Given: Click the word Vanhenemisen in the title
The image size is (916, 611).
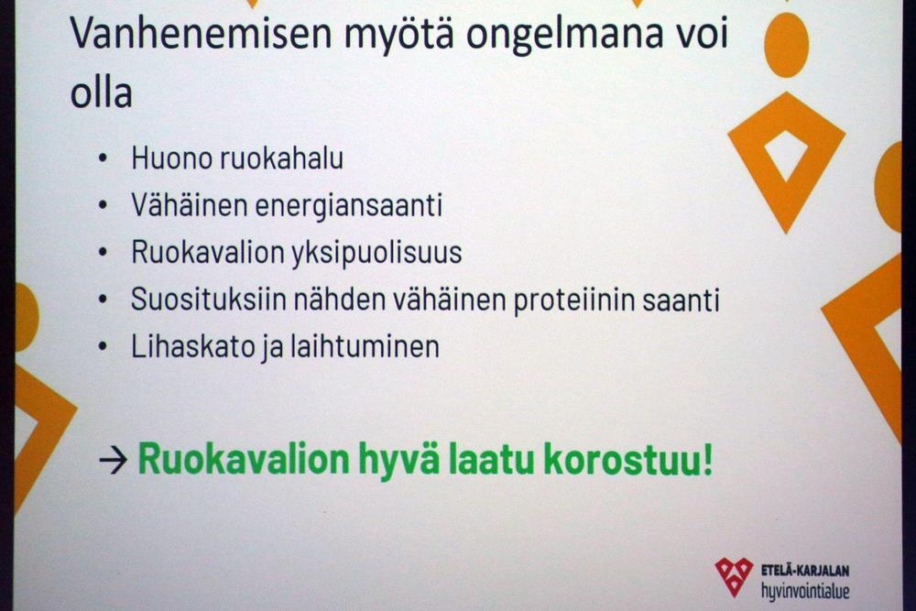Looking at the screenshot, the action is pos(201,33).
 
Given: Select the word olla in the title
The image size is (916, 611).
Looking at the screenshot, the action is pos(101,93).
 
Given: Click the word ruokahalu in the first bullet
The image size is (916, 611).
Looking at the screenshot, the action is pos(281,158).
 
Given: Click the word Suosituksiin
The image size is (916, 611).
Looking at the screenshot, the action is pos(209,300).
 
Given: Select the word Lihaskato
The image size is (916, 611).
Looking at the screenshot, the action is pos(191,347).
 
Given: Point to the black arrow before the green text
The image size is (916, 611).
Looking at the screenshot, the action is pos(114,461).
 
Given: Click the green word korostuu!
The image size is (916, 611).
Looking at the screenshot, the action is pos(628,459).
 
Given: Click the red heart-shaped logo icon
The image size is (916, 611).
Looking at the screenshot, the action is pos(734,576).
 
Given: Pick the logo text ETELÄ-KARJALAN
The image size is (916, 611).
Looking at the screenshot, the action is pos(805,570).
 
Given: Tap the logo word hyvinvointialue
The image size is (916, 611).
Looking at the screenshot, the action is pos(805,591).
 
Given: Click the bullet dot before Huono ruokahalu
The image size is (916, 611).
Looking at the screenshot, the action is pos(104,158).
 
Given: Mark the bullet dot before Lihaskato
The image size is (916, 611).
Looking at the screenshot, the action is pos(104,347).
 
